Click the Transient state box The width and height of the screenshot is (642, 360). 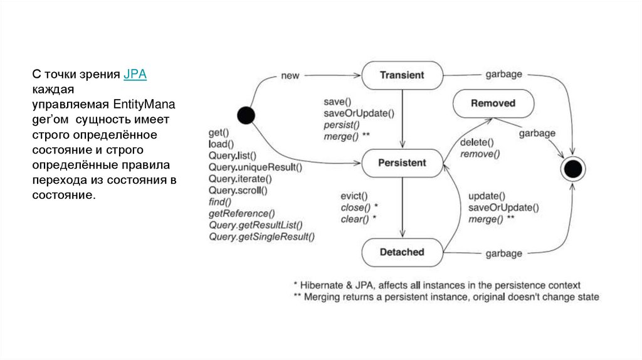402,75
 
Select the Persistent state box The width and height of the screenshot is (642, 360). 402,163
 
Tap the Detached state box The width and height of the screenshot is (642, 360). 402,252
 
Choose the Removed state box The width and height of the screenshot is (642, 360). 493,103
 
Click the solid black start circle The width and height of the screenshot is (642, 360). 246,115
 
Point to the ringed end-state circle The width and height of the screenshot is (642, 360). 572,169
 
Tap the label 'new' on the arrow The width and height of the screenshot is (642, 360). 290,76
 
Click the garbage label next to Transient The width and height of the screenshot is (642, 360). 503,74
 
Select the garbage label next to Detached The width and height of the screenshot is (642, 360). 503,253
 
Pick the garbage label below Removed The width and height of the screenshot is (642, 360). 537,133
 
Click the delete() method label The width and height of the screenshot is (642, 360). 476,142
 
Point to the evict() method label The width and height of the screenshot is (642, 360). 354,195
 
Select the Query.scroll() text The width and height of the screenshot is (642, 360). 238,190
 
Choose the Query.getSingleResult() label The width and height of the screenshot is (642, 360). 261,236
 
